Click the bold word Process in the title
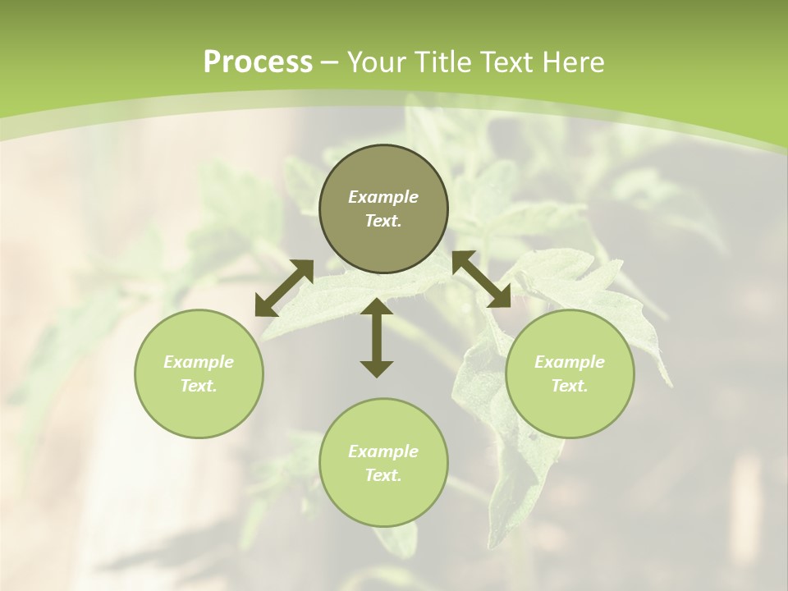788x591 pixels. (258, 62)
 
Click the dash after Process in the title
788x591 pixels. (330, 63)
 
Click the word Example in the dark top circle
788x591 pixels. (383, 197)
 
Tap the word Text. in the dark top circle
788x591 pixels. (383, 221)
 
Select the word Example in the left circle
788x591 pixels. (199, 362)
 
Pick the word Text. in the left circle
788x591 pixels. (199, 386)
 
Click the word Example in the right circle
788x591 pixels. (570, 362)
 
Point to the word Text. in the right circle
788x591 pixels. (570, 386)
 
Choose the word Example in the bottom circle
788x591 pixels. (383, 451)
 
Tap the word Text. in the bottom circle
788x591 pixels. (383, 475)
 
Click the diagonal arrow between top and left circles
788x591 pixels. (284, 288)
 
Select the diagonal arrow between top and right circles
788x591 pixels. (481, 279)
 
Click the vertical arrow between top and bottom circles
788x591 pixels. (377, 337)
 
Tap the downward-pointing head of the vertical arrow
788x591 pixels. (377, 368)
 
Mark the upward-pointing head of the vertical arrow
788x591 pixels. (377, 308)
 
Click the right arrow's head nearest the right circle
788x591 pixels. (500, 298)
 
